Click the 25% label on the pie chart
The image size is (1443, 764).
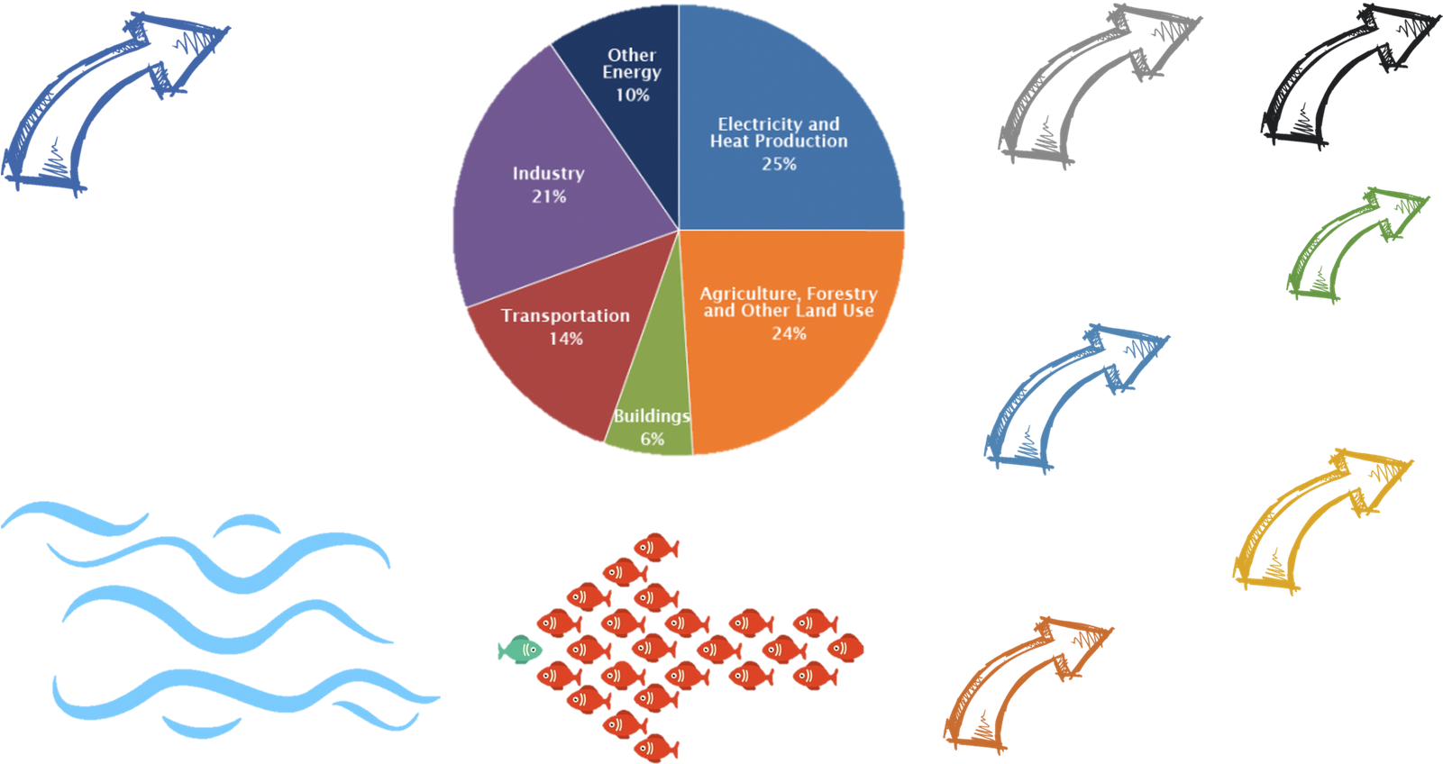pyautogui.click(x=779, y=164)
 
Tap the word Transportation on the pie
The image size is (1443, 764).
pyautogui.click(x=565, y=316)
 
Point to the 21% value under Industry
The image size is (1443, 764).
pyautogui.click(x=548, y=196)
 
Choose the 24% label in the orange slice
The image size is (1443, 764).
pyautogui.click(x=789, y=333)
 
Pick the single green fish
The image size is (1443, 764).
pyautogui.click(x=521, y=648)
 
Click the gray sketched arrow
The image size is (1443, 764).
pyautogui.click(x=1091, y=86)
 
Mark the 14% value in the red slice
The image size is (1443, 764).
pyautogui.click(x=566, y=339)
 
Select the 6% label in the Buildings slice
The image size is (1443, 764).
pyautogui.click(x=653, y=439)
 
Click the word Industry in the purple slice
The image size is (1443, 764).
pyautogui.click(x=548, y=173)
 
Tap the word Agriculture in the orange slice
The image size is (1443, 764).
pyautogui.click(x=748, y=294)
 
